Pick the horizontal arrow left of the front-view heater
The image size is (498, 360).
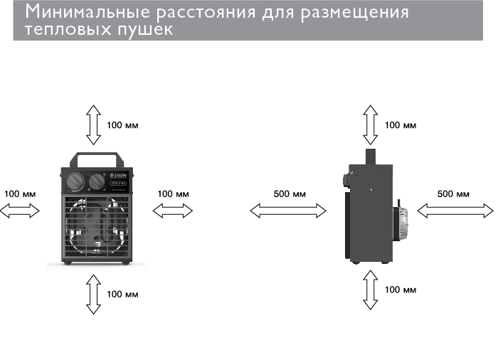21,209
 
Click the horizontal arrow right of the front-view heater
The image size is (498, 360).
173,209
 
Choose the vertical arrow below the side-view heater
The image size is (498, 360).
370,290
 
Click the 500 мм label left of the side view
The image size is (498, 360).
290,194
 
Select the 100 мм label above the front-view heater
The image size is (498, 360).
123,125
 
